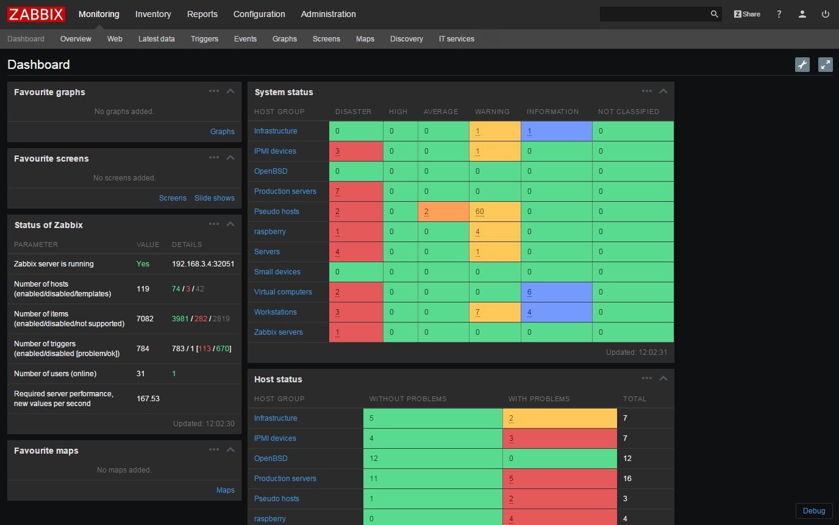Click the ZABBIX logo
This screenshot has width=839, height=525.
36,14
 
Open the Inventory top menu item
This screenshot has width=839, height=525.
152,14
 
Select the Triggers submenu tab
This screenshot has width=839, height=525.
204,39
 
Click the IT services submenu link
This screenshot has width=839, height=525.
456,39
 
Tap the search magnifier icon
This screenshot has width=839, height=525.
714,14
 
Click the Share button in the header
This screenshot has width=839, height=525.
747,14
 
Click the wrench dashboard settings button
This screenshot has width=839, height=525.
802,65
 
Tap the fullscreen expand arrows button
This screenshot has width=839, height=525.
825,65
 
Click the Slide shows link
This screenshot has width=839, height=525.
214,198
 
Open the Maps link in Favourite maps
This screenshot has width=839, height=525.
225,490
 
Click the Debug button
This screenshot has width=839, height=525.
813,511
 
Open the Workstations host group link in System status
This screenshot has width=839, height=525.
275,312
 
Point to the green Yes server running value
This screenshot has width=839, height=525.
143,264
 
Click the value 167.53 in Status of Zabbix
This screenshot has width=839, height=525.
148,399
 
